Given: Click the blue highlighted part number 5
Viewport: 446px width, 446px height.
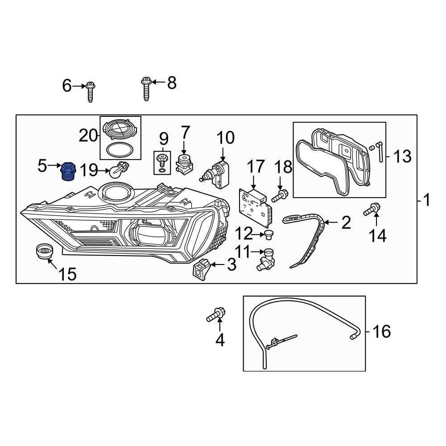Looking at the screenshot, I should point(67,172).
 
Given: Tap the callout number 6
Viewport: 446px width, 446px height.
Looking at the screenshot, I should point(67,85).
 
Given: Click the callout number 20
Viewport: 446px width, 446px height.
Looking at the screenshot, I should point(88,135).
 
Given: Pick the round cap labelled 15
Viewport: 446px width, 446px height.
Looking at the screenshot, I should point(43,252).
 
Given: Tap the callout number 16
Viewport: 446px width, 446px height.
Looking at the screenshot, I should point(381,331).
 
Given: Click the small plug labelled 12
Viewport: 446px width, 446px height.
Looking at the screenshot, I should point(268,234).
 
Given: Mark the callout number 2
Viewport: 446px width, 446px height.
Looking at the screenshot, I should point(346,223).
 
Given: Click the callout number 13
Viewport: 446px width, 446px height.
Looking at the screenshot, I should point(402,156).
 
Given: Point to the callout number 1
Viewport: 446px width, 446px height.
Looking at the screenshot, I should point(427,200).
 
